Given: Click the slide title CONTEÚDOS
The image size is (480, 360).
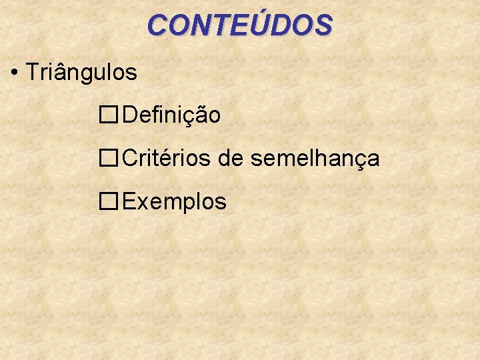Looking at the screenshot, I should [240, 25].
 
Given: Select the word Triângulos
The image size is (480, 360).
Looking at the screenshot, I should [81, 72].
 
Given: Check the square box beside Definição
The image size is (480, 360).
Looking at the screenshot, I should [109, 115].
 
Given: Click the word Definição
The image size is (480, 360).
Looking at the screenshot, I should [171, 115].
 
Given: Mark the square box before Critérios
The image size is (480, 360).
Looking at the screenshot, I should [109, 159].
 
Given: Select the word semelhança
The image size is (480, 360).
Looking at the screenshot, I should [315, 159].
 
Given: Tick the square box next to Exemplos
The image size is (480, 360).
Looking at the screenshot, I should [109, 201].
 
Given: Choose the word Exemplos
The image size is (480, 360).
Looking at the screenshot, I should [175, 201].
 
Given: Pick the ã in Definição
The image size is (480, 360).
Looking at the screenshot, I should [199, 115].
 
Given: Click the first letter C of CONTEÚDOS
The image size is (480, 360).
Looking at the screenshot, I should [157, 25].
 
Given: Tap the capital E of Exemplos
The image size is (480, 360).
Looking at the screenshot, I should [130, 201].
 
